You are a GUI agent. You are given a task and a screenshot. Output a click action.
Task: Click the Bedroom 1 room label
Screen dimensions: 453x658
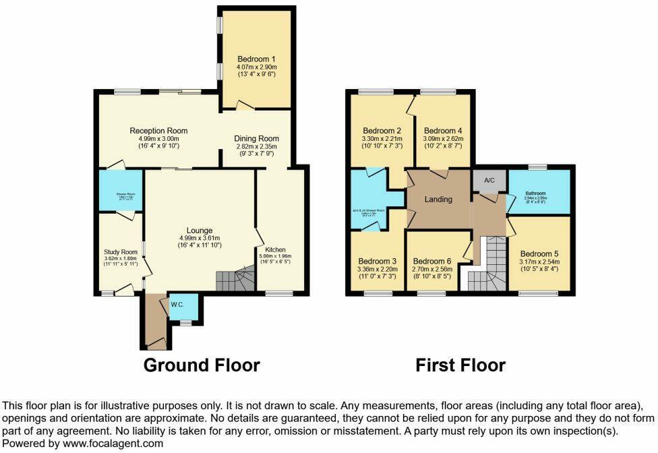(x=256, y=59)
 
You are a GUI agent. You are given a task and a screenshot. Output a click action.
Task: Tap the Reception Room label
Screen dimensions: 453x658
(x=158, y=131)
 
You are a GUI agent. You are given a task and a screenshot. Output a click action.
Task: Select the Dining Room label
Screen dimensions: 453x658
(x=256, y=139)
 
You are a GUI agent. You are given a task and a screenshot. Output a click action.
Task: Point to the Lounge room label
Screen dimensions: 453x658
(x=200, y=231)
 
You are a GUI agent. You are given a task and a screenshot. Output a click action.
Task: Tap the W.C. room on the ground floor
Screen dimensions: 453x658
(x=177, y=305)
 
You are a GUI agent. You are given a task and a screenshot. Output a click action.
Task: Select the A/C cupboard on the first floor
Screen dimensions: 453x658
(x=489, y=180)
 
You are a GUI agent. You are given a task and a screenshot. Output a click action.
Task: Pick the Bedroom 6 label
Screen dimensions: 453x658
(x=432, y=262)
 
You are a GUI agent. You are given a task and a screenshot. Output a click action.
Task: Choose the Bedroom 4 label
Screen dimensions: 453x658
(x=443, y=131)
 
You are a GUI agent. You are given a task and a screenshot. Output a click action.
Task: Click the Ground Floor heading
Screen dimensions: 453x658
(x=202, y=365)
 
